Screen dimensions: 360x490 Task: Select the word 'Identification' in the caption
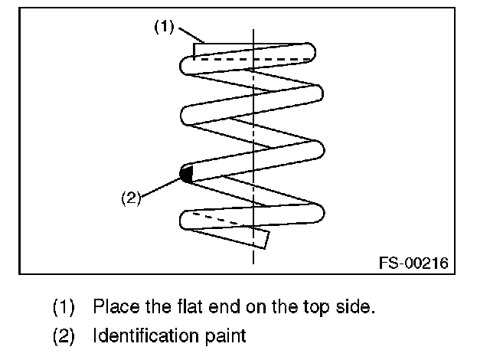pos(142,335)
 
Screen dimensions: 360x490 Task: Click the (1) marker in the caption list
pos(64,308)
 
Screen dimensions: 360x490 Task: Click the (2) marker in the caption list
pos(64,335)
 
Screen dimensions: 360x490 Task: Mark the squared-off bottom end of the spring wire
pos(262,238)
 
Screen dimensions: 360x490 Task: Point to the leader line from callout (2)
pos(161,185)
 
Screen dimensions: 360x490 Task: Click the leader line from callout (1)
pos(189,33)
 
